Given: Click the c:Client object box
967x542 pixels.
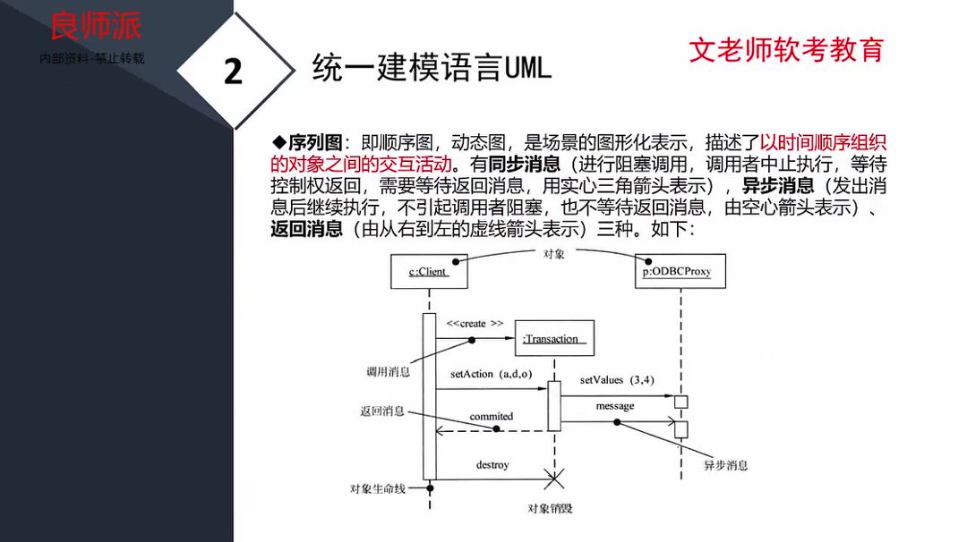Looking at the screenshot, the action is pyautogui.click(x=427, y=272).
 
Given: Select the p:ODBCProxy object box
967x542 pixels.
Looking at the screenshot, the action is pyautogui.click(x=677, y=272).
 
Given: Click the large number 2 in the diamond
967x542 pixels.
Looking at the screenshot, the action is pyautogui.click(x=233, y=72).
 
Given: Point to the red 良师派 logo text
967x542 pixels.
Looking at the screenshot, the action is pyautogui.click(x=95, y=27).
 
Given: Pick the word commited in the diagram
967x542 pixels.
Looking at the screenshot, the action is pyautogui.click(x=492, y=416).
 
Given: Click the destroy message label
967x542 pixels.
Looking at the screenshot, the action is pyautogui.click(x=492, y=465).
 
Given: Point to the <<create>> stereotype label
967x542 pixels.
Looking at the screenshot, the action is pyautogui.click(x=475, y=323).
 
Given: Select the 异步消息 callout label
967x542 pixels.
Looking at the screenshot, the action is pyautogui.click(x=725, y=466).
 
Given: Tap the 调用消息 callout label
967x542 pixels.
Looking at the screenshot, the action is pyautogui.click(x=389, y=371).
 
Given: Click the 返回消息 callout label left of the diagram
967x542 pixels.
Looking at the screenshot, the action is pyautogui.click(x=382, y=411).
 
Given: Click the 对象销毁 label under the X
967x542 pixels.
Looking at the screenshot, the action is pyautogui.click(x=551, y=509).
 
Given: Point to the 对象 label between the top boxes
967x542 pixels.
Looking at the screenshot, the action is pyautogui.click(x=554, y=254).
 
